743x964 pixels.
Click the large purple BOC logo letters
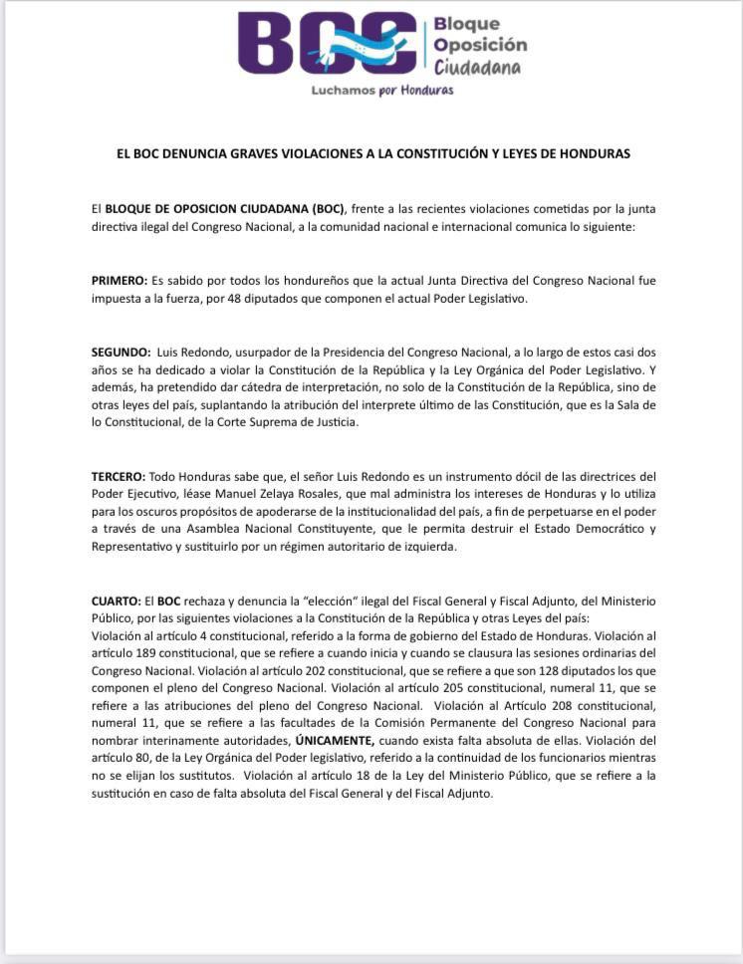tap(327, 44)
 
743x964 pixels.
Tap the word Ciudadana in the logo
tap(477, 67)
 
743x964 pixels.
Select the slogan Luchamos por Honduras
tap(381, 90)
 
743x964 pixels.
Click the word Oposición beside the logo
tap(480, 45)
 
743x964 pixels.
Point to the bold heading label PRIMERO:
tap(120, 281)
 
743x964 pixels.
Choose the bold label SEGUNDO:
tap(122, 353)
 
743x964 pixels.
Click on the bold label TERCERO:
tap(119, 477)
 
